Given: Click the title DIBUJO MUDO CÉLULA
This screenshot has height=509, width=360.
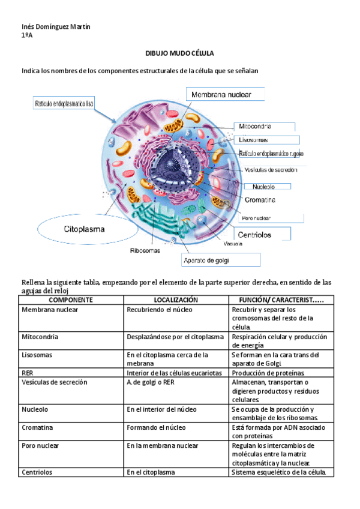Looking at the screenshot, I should pos(179,53).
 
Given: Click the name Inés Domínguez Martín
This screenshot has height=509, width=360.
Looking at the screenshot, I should pos(51,28).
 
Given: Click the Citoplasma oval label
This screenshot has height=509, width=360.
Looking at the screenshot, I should pos(85,229).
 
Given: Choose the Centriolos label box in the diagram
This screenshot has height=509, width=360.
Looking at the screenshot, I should pos(263,234).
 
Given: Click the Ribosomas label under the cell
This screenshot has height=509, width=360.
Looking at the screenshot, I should pos(145,251).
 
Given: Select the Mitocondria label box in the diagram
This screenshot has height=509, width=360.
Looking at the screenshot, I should pos(265,127).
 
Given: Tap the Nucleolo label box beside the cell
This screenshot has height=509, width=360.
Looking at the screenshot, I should pos(263,185).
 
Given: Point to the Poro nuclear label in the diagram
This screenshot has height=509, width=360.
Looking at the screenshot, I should pos(256,218).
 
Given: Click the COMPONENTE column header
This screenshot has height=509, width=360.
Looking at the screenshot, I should pos(70,299).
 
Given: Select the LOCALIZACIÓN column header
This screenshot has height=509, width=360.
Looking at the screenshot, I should pos(175,299).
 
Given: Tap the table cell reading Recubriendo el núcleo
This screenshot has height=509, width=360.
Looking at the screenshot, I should pos(158,309).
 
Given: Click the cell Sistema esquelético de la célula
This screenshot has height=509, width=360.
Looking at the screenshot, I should pos(278,472).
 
